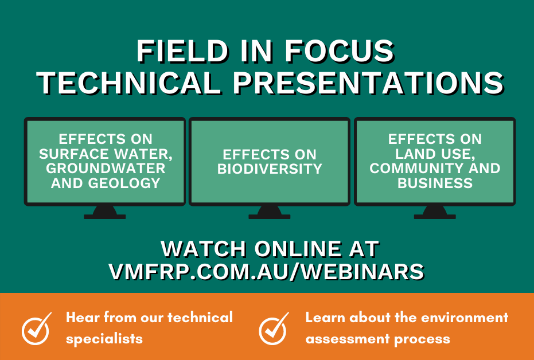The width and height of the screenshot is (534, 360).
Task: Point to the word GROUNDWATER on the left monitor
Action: click(105, 169)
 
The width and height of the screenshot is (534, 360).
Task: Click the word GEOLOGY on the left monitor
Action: click(128, 183)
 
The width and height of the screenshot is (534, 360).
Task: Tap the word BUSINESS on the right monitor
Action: click(435, 183)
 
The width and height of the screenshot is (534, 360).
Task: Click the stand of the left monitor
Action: click(104, 212)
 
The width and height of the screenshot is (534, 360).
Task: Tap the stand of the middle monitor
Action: click(269, 212)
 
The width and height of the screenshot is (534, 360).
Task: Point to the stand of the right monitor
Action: click(435, 212)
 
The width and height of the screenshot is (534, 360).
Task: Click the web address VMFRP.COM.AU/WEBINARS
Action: click(267, 272)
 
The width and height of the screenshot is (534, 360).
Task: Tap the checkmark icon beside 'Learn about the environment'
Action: click(274, 328)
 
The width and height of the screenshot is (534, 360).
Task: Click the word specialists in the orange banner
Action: click(104, 339)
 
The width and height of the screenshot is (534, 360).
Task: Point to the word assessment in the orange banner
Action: click(340, 339)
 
